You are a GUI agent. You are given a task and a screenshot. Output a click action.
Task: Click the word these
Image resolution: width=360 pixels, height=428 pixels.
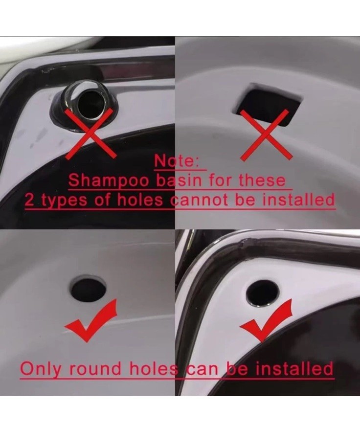tap(262, 180)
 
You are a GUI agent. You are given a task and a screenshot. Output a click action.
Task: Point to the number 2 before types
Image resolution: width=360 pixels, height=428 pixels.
tap(29, 201)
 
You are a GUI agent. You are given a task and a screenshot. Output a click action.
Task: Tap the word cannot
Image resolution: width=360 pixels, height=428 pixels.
tap(199, 201)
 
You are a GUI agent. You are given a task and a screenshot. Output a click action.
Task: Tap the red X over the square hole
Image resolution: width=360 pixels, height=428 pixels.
tap(266, 135)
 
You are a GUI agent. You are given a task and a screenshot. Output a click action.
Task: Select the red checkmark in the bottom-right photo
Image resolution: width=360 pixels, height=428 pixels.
tap(269, 322)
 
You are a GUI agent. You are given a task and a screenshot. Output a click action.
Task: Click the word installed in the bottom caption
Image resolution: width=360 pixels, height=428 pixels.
tap(294, 368)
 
